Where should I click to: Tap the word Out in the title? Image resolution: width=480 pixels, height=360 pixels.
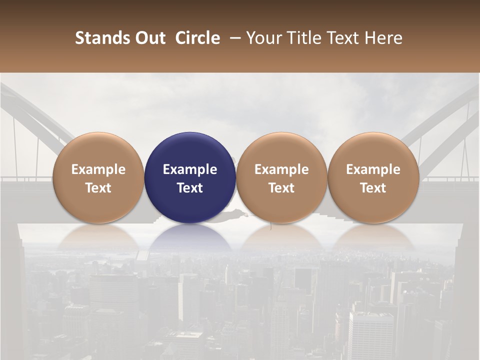click(x=148, y=38)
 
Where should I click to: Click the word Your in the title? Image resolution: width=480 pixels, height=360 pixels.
click(x=263, y=38)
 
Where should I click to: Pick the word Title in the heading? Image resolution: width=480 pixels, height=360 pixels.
click(x=301, y=38)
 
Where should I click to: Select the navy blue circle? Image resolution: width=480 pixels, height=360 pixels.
click(x=190, y=177)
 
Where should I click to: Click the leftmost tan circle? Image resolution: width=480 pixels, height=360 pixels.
click(x=98, y=177)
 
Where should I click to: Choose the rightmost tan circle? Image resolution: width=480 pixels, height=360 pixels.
click(x=373, y=177)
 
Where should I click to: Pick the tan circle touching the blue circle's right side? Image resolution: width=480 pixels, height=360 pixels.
click(x=281, y=177)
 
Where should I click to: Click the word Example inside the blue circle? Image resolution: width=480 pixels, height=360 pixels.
click(x=190, y=169)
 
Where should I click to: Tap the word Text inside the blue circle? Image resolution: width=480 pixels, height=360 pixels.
click(x=190, y=188)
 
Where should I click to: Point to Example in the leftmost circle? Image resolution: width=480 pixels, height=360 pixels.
click(x=98, y=169)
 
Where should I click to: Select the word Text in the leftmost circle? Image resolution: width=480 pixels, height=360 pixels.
click(x=98, y=188)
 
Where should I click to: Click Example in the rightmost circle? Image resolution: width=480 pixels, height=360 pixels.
click(x=373, y=169)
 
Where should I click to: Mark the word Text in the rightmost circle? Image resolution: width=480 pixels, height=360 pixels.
click(x=373, y=188)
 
